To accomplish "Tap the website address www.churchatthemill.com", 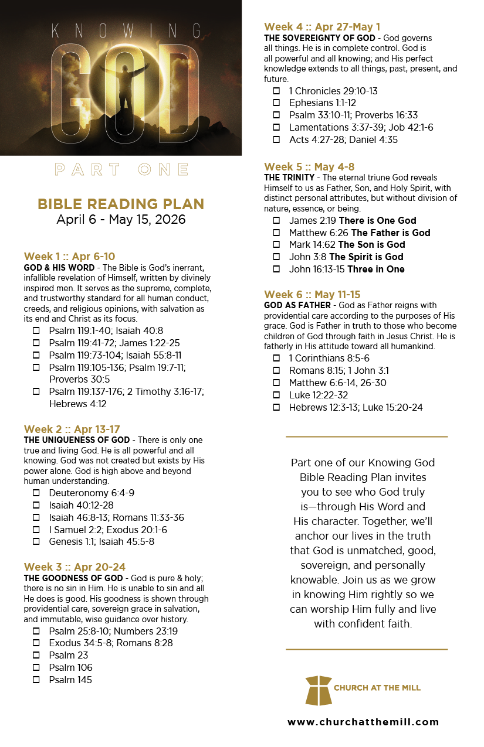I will click(x=363, y=722).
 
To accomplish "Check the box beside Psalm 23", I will click(x=36, y=655).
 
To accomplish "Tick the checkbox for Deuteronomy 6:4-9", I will click(x=36, y=493).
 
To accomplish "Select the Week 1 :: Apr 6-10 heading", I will click(x=69, y=257).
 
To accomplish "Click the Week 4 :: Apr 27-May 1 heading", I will click(x=322, y=27).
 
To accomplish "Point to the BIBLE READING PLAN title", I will click(x=121, y=204).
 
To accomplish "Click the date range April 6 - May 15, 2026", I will click(x=121, y=220).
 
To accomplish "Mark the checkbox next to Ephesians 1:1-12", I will click(x=276, y=103).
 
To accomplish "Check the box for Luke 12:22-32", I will click(x=276, y=395).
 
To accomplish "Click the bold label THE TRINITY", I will click(x=288, y=178).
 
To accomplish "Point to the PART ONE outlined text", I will click(x=121, y=170).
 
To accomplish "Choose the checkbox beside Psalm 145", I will click(x=36, y=680).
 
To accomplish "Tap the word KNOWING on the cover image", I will click(x=126, y=30).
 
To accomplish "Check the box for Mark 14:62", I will click(x=276, y=245).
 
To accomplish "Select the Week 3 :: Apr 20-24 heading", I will click(x=75, y=567).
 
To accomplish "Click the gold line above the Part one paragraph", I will click(x=367, y=436).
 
